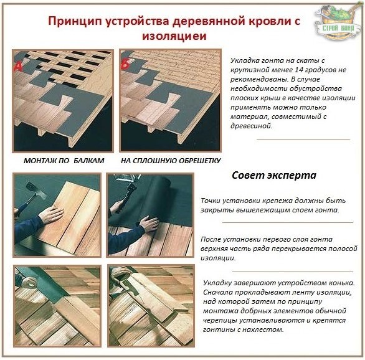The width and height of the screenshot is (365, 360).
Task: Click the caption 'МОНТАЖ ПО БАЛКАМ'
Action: point(64,161)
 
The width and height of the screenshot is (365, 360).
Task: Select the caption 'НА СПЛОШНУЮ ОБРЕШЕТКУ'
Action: point(171,161)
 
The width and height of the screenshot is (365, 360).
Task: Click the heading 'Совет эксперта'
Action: point(274,175)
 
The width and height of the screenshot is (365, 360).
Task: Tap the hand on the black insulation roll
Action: point(148,224)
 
